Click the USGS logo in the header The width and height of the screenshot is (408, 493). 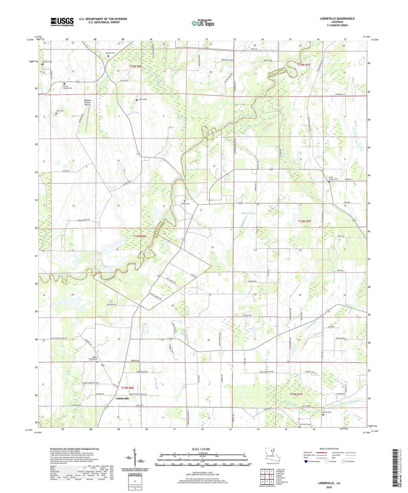[62, 21]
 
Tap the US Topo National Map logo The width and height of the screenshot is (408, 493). [202, 23]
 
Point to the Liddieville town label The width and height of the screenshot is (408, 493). [123, 398]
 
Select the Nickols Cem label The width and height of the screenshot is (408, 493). [110, 53]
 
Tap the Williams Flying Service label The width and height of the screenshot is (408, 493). [88, 102]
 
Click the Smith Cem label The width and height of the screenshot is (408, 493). [186, 204]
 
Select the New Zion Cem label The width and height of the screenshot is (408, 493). [305, 424]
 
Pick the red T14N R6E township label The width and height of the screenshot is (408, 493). [140, 236]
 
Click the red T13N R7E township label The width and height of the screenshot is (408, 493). [296, 394]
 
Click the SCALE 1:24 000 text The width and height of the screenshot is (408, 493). [201, 449]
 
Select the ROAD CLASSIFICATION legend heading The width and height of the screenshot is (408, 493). [329, 449]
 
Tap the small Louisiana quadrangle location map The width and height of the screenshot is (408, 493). [272, 455]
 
